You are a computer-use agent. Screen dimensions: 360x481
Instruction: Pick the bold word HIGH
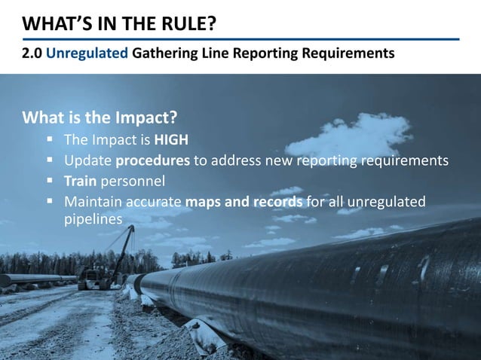click(x=172, y=140)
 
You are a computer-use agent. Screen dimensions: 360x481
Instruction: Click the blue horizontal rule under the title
click(x=240, y=39)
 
